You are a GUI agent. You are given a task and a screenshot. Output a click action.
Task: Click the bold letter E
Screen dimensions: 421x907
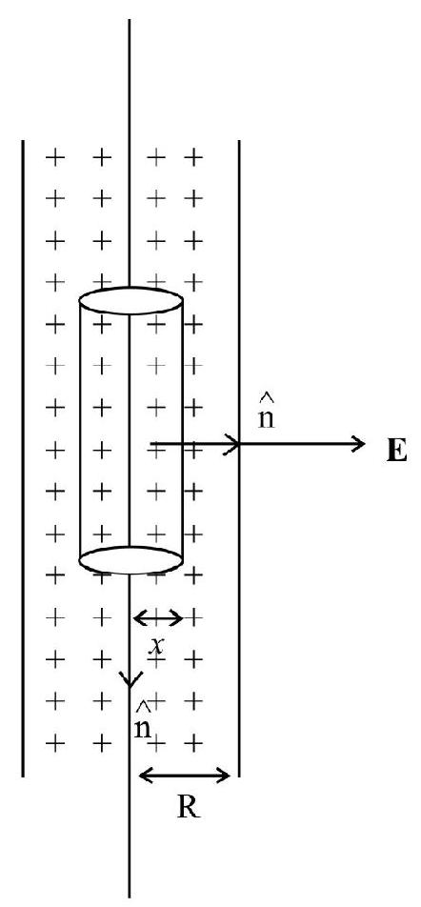(x=396, y=450)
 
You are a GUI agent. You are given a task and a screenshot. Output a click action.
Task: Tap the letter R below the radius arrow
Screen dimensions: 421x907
(x=189, y=807)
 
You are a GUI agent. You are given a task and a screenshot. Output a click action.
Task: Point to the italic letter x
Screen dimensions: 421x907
(x=156, y=645)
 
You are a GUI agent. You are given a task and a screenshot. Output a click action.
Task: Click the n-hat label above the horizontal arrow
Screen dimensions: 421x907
(x=266, y=413)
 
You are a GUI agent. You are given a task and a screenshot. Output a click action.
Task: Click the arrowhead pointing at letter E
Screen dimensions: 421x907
(x=358, y=444)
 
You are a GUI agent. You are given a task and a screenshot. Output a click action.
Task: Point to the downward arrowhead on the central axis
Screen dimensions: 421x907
(x=129, y=679)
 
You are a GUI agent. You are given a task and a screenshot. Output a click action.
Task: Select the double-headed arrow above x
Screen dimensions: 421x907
(x=158, y=618)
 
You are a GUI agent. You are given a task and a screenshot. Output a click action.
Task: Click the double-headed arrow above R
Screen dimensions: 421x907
(x=185, y=775)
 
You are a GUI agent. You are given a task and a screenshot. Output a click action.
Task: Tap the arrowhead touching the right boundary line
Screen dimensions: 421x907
(x=233, y=444)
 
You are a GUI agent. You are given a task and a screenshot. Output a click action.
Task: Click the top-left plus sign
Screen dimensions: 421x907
(x=54, y=156)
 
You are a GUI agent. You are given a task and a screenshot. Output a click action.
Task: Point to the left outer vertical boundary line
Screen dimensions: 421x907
(x=23, y=458)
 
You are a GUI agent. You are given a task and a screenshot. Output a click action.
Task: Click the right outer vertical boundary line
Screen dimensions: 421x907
(x=239, y=458)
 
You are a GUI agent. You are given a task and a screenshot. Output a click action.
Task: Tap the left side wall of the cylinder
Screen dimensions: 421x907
(x=80, y=431)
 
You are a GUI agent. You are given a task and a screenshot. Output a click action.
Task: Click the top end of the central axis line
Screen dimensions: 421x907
(x=129, y=20)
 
